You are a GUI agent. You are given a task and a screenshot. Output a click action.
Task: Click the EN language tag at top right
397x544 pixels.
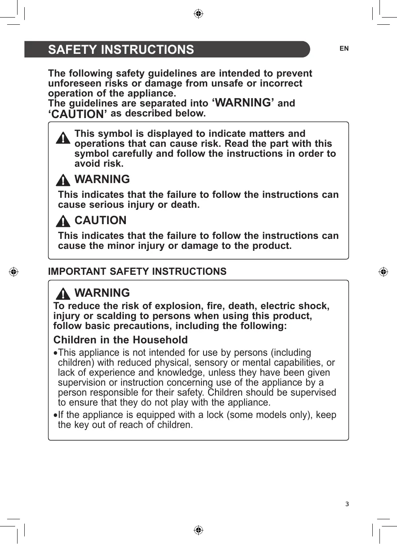coord(344,49)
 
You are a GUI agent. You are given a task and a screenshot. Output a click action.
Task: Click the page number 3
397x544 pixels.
coord(347,504)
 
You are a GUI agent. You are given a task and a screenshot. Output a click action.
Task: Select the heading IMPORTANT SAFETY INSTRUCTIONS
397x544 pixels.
coord(137,272)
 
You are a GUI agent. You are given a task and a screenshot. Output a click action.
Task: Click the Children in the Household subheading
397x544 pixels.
coord(120,340)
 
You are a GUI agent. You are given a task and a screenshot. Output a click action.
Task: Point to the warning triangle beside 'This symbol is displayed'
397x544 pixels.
coord(63,138)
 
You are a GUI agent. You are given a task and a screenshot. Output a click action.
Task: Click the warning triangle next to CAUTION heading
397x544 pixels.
coord(63,221)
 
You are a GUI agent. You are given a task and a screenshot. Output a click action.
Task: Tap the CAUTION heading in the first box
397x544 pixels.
coord(100,221)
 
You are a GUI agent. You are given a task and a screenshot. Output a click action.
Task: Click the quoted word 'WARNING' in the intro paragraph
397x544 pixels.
coord(243,103)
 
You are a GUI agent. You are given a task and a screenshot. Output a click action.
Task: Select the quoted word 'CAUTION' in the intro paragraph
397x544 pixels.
coord(78,114)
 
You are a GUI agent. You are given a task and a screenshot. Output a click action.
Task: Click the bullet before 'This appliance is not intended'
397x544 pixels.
coord(55,353)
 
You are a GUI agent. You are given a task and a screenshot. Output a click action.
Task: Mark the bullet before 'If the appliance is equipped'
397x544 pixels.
coord(55,415)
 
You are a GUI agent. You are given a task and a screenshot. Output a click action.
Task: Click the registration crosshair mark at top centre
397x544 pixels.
coord(198,14)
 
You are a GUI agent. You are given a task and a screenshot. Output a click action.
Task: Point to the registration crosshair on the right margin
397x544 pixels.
coord(383,272)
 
